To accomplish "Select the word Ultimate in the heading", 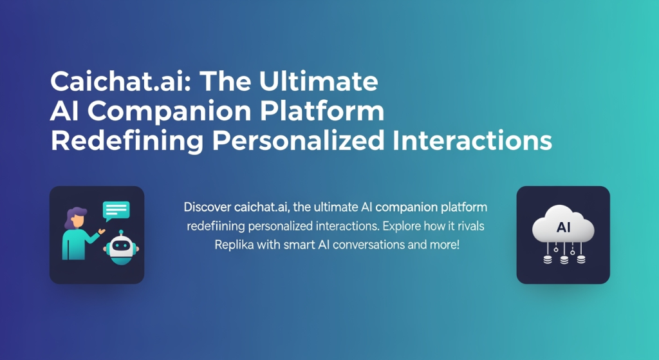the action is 319,81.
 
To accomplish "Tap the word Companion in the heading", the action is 169,112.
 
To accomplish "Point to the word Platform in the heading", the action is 322,111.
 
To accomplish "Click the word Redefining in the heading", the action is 127,141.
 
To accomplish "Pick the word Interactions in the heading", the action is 472,141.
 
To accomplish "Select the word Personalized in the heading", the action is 298,141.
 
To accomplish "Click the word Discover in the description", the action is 208,207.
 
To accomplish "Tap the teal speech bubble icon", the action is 116,211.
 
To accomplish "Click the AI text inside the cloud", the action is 563,227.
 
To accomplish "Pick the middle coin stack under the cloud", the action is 564,260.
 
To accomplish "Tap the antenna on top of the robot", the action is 121,232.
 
